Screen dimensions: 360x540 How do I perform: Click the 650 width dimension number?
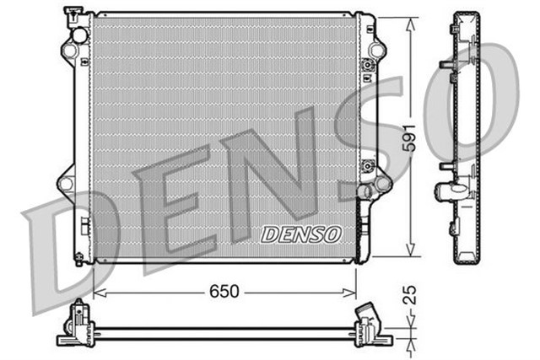[x=224, y=292]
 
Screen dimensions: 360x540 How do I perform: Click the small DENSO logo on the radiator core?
[x=300, y=234]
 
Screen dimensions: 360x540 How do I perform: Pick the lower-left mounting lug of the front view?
[x=65, y=182]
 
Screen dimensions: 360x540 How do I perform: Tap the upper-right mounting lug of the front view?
[x=376, y=50]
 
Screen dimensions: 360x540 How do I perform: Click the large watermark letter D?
[x=63, y=244]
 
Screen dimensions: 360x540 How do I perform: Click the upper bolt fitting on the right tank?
[x=368, y=66]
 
